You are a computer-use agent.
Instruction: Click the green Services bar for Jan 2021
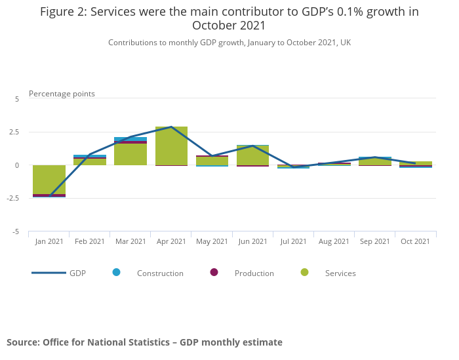tap(49, 179)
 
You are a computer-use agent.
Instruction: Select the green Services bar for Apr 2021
tap(171, 146)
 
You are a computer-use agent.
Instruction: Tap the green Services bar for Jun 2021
tap(252, 155)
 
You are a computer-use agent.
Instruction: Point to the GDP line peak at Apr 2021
tap(171, 127)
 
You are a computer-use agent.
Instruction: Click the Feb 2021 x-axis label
tap(90, 241)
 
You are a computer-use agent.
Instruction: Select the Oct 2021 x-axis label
tap(415, 241)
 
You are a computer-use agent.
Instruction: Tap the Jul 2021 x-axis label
tap(293, 241)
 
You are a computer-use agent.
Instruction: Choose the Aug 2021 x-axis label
tap(334, 241)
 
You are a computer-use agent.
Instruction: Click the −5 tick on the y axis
tap(16, 232)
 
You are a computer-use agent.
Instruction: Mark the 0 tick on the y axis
tap(18, 165)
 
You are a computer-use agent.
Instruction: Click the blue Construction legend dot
tap(116, 272)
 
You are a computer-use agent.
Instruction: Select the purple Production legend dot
tap(214, 272)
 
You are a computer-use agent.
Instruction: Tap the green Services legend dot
tap(304, 272)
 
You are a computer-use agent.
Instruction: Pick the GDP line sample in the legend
tap(49, 273)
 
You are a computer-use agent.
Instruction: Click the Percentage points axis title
tap(62, 94)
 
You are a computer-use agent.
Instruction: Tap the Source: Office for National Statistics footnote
tap(144, 342)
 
